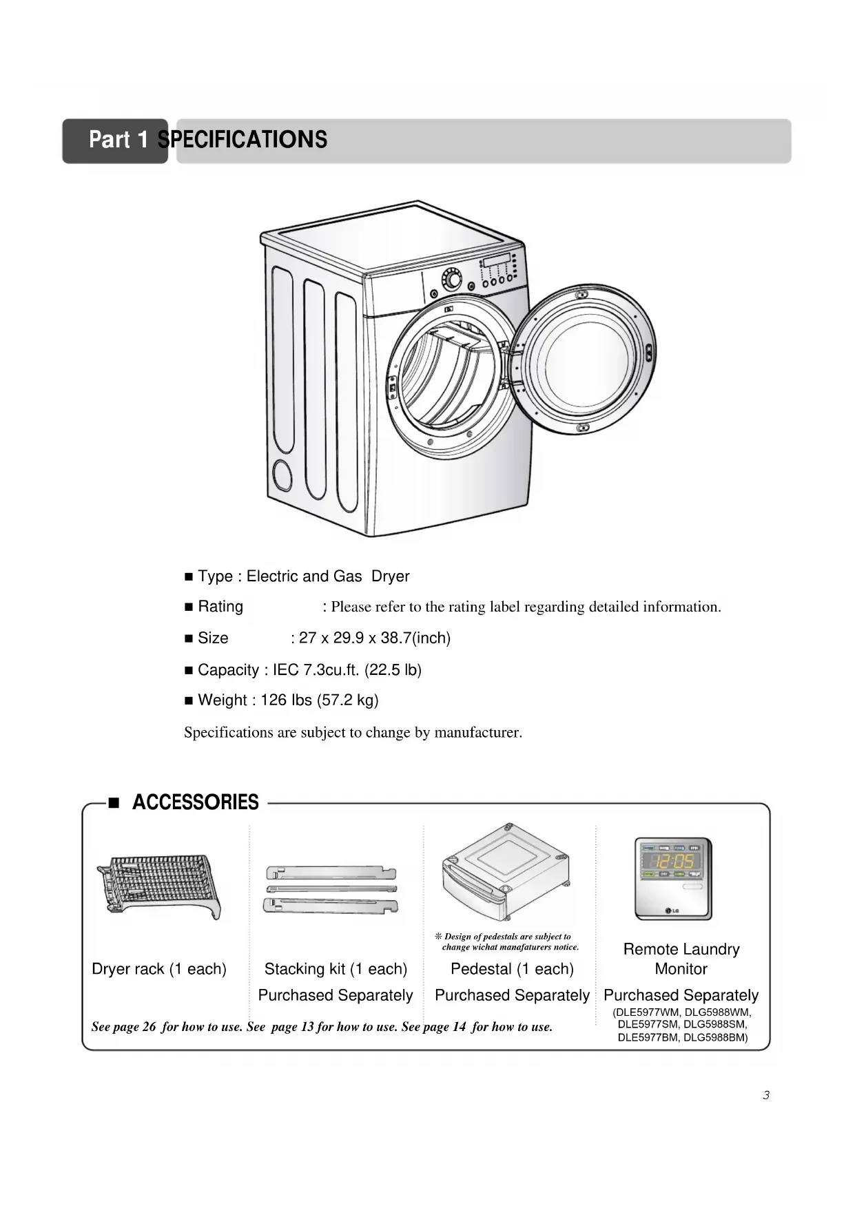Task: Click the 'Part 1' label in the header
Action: pos(118,140)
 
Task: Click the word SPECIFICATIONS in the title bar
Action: pos(243,140)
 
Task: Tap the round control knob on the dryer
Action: pos(452,280)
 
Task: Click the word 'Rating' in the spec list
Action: pos(220,607)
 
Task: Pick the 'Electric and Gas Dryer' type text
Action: pos(328,576)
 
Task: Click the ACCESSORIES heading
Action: pos(195,802)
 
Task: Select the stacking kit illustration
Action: pos(331,889)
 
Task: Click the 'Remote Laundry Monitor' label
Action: pos(681,959)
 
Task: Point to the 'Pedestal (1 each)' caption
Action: pos(512,970)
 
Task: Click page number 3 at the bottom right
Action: pos(766,1095)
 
